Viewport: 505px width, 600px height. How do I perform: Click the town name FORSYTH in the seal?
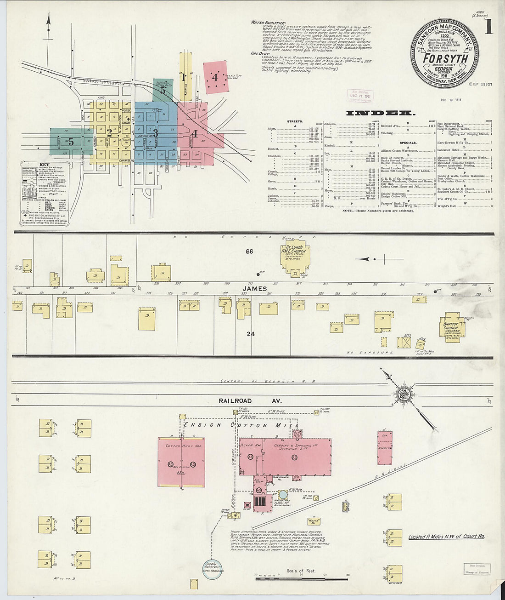pos(445,58)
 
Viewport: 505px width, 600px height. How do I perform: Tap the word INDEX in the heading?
pos(381,113)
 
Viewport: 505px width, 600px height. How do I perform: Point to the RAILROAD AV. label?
pos(235,401)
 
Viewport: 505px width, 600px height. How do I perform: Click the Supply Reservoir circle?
pos(213,567)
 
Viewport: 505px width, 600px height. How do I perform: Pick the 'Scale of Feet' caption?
pos(301,571)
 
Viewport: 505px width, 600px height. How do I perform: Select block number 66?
pos(249,251)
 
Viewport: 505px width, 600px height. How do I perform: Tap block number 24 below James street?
pos(250,334)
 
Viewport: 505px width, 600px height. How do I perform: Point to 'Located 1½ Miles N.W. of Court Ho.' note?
pos(446,537)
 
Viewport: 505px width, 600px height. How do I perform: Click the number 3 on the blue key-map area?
pos(155,133)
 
